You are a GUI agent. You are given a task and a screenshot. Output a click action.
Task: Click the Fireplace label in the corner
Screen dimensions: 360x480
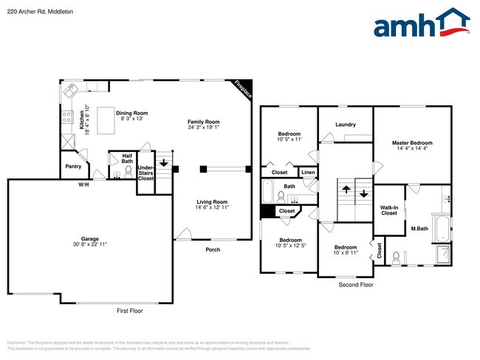(243, 89)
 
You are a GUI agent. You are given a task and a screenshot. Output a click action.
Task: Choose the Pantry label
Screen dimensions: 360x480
(73, 166)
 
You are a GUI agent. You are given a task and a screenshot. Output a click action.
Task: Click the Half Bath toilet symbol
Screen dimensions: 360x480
(117, 175)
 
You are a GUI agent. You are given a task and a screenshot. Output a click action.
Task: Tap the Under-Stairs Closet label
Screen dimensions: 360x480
(145, 173)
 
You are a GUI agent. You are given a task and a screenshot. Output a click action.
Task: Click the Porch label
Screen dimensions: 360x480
(213, 249)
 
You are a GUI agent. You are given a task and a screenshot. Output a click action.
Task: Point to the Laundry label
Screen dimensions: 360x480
(345, 125)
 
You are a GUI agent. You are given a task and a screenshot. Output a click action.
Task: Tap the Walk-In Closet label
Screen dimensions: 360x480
(389, 210)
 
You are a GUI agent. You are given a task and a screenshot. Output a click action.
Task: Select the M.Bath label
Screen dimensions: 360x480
(419, 228)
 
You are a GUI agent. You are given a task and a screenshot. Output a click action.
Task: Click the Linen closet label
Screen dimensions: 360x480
(308, 173)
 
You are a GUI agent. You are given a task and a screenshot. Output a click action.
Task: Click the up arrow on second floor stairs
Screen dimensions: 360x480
(345, 190)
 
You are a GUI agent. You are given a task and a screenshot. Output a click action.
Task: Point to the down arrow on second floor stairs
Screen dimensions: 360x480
(363, 194)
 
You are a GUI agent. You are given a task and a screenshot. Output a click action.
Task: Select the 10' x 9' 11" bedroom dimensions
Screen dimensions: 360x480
(345, 253)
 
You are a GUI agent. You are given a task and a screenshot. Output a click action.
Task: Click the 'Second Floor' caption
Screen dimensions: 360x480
(355, 285)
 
